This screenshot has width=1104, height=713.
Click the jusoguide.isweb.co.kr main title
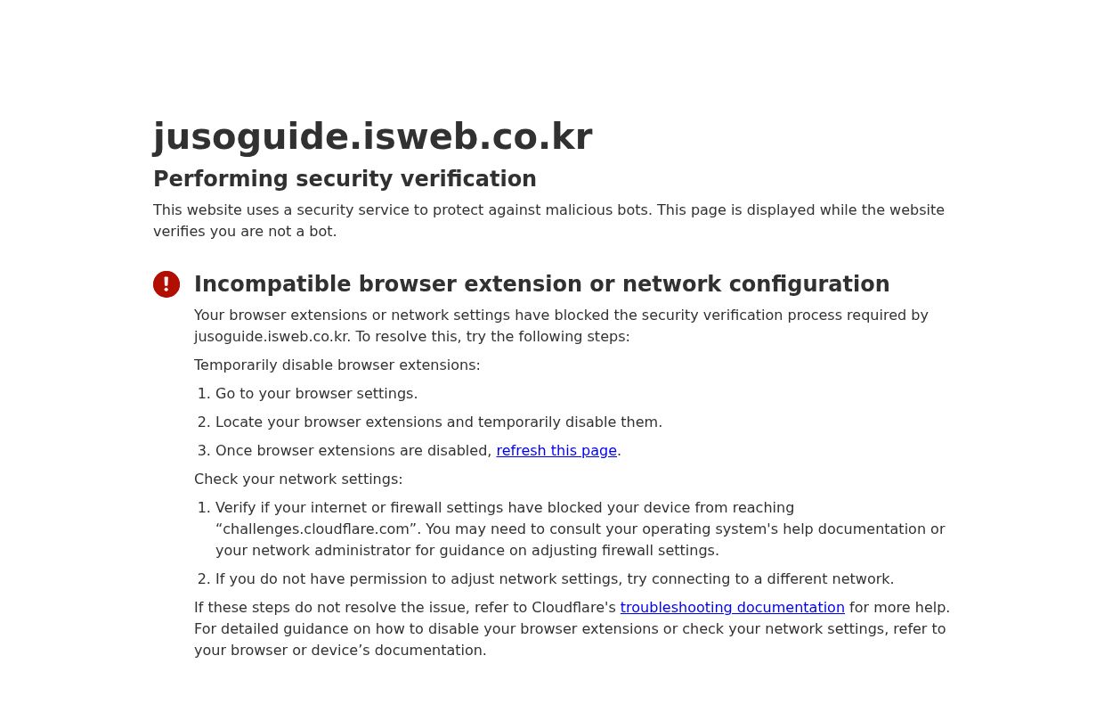tap(372, 137)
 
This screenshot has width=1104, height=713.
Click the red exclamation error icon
tap(166, 284)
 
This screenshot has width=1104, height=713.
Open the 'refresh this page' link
tap(556, 451)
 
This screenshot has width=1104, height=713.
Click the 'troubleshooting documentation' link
tap(732, 608)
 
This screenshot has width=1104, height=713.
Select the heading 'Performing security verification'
tap(345, 179)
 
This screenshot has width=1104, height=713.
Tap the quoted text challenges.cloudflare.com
tap(316, 529)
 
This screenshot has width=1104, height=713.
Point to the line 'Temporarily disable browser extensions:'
tap(337, 365)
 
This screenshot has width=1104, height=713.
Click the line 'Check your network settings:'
tap(298, 479)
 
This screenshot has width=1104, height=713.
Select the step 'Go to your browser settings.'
tap(316, 394)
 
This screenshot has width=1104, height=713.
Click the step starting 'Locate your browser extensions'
tap(438, 422)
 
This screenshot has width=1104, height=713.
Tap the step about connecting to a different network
tap(554, 579)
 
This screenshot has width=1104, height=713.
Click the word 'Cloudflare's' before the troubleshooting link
tap(573, 608)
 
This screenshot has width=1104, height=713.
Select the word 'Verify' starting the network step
tap(236, 508)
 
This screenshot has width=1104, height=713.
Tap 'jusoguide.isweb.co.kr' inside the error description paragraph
tap(272, 337)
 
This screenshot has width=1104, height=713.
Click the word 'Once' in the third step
tap(233, 451)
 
